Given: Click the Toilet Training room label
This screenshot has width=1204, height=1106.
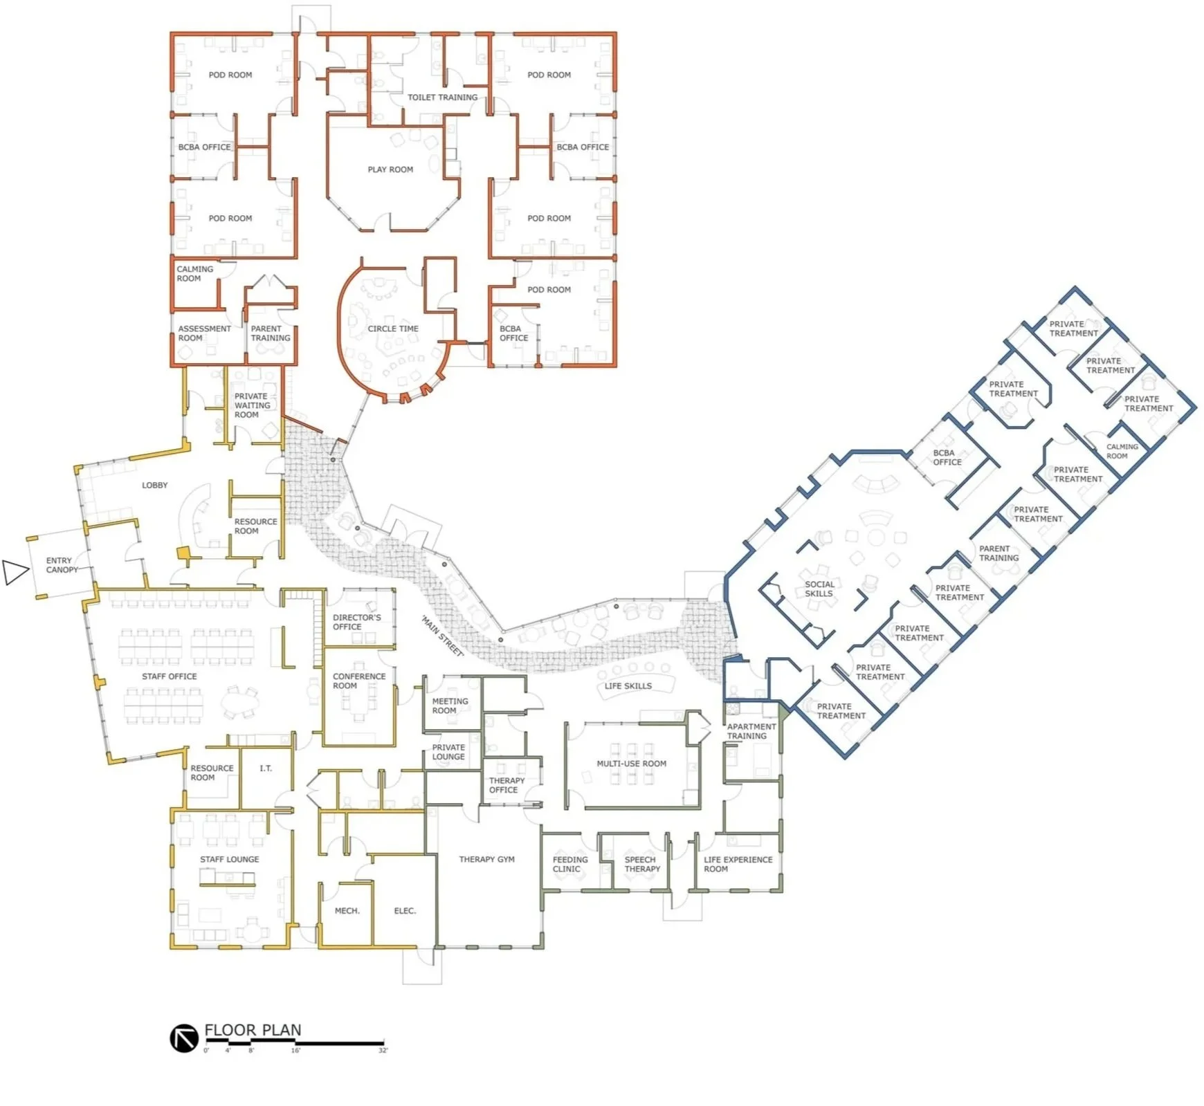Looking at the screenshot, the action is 442,98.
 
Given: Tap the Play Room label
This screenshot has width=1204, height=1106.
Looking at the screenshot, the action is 390,169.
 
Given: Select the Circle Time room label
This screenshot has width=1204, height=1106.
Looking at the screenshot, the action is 393,329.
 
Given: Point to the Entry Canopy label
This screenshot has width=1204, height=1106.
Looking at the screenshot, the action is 62,565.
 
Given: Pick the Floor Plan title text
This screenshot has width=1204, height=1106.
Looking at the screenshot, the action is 253,1030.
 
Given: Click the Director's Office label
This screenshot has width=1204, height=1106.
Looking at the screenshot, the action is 356,622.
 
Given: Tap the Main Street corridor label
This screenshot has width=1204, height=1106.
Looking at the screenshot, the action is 443,636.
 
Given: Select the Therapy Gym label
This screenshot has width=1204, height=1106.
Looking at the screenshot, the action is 486,859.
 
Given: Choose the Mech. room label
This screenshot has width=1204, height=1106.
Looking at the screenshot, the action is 347,911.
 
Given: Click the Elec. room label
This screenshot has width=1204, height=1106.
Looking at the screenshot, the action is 405,911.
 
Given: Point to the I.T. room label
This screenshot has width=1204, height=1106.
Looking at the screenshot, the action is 266,768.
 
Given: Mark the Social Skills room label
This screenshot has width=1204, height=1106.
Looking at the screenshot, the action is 819,589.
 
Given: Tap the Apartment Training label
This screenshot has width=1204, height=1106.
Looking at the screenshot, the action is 751,731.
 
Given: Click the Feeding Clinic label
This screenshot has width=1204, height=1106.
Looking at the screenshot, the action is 569,864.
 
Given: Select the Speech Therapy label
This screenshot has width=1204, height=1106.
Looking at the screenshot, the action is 642,864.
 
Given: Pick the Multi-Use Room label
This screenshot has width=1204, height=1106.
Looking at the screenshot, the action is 631,764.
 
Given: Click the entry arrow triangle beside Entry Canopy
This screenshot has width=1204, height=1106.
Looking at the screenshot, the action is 15,572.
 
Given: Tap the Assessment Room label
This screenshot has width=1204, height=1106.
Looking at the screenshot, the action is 204,333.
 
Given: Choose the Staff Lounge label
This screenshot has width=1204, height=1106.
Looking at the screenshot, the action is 229,859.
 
